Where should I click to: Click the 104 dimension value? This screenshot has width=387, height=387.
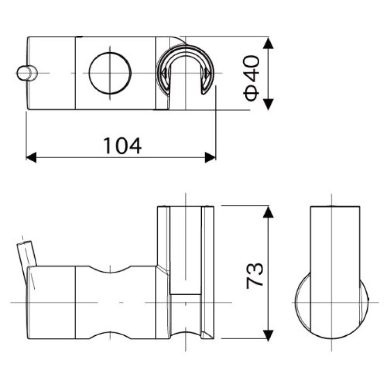coord(122,146)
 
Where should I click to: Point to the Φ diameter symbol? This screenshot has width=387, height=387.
coord(252,92)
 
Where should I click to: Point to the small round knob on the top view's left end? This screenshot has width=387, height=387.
coord(25,73)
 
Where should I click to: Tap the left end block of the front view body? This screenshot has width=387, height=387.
coord(51,302)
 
